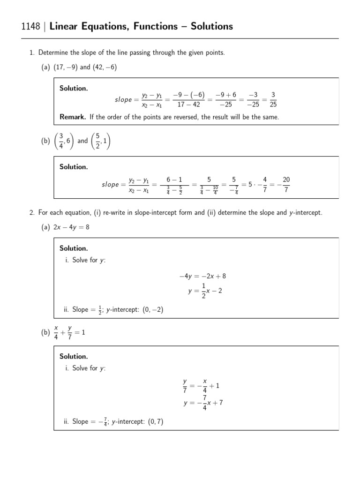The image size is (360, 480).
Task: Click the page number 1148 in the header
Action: tap(31, 27)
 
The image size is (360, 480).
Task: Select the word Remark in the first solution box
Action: tap(72, 117)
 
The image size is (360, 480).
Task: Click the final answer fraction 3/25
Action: tap(273, 99)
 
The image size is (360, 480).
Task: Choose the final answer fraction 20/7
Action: tap(286, 184)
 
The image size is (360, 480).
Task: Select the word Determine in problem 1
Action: tap(52, 52)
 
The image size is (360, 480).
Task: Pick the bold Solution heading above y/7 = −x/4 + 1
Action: tap(74, 357)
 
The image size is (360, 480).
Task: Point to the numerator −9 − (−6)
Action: tap(189, 95)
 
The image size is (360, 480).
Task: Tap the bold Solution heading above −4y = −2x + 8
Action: tap(74, 248)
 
